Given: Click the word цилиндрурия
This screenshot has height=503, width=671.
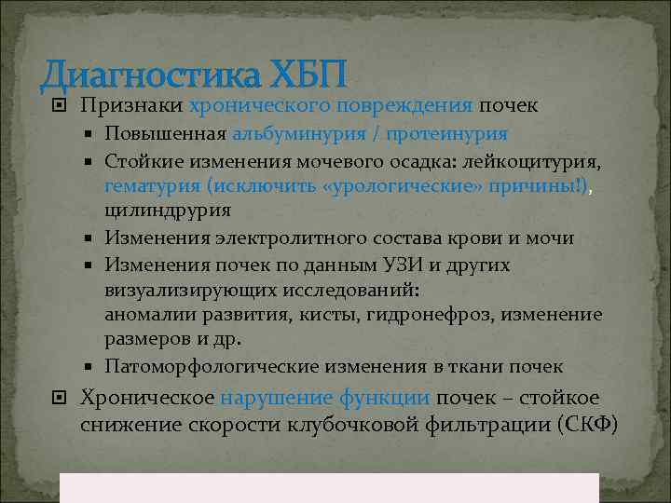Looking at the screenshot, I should (x=168, y=211).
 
